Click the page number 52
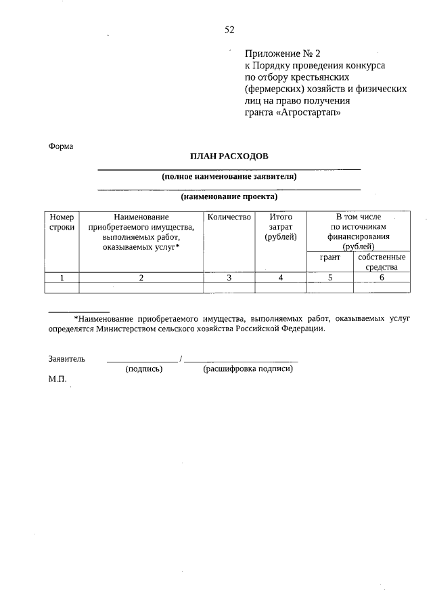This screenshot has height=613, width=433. [x=229, y=29]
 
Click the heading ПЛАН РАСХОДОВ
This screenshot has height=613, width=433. [x=229, y=156]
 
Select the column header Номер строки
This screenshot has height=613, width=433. [x=62, y=222]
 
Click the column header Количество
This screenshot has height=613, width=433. [x=229, y=217]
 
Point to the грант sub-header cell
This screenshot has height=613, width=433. [x=329, y=257]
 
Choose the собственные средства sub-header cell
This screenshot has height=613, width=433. [x=382, y=262]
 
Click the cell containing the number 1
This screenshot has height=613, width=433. [x=62, y=277]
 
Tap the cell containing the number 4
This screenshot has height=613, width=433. [x=281, y=277]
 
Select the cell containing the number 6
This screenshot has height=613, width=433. [x=382, y=277]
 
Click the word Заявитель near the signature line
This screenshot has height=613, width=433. [x=66, y=358]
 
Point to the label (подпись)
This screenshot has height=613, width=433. [x=144, y=369]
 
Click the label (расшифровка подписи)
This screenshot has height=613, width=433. [x=248, y=369]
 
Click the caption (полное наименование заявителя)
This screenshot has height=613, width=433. [x=229, y=177]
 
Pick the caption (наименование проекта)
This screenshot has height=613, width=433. [x=229, y=197]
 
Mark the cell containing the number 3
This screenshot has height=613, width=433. [x=229, y=277]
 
